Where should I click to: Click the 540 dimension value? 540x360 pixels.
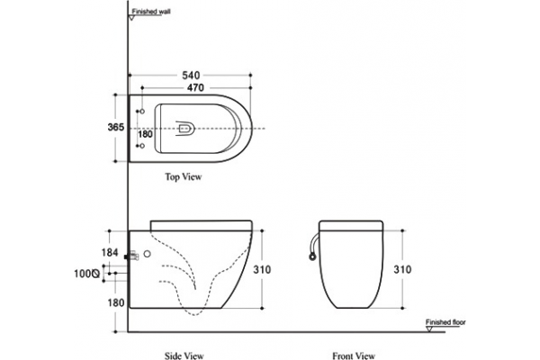click(191, 75)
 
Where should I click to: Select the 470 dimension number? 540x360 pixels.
click(195, 88)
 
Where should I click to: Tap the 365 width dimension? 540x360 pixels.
click(116, 127)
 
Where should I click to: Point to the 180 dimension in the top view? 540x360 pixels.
click(145, 134)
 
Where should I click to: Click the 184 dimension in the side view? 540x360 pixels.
click(110, 253)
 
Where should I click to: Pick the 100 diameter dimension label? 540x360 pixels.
click(87, 274)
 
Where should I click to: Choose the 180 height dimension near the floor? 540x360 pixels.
click(116, 302)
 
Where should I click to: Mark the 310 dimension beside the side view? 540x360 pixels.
click(262, 269)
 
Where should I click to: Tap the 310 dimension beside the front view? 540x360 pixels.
click(402, 269)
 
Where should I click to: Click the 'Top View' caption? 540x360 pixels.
click(184, 177)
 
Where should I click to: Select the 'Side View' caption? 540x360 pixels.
click(184, 355)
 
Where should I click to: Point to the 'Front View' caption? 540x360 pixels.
click(354, 355)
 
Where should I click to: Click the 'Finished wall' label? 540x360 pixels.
click(151, 12)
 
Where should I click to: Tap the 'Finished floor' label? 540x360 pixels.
click(445, 322)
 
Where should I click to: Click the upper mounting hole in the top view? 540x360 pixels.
click(142, 112)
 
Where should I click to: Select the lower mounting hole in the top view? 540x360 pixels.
click(142, 146)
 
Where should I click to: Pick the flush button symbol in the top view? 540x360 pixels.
click(184, 129)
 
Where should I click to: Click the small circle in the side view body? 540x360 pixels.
click(147, 254)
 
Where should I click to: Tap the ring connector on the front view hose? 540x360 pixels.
click(312, 256)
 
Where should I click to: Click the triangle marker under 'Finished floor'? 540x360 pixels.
click(429, 329)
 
